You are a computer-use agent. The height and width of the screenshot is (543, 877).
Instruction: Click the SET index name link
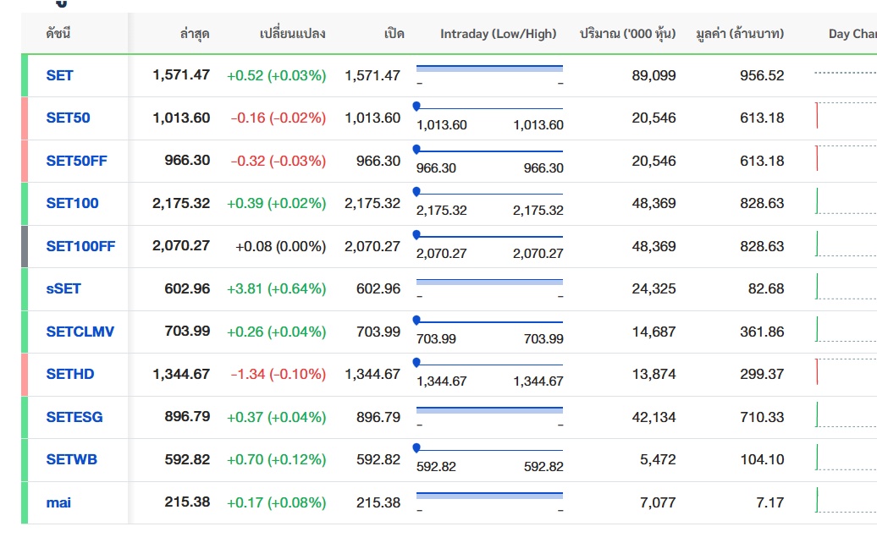(x=59, y=75)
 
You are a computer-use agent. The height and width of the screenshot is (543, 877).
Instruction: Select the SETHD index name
(x=70, y=374)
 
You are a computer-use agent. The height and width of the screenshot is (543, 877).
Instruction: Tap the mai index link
(x=58, y=502)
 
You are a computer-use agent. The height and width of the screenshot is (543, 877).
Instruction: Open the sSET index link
(x=63, y=288)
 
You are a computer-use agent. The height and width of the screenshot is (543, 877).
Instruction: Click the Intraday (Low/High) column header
(x=499, y=34)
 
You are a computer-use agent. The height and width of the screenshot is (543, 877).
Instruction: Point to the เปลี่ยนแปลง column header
(x=293, y=34)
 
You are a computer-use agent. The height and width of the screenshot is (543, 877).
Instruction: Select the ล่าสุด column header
(x=195, y=34)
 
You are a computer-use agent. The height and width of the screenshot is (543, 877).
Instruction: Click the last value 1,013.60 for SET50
(x=181, y=118)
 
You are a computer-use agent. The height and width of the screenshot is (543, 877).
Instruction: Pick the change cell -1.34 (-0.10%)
(x=278, y=374)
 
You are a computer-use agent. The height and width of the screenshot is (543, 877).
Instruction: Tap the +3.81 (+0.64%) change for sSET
(x=276, y=288)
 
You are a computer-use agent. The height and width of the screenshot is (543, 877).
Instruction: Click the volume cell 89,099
(x=654, y=75)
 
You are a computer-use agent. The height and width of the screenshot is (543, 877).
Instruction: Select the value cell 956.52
(x=762, y=75)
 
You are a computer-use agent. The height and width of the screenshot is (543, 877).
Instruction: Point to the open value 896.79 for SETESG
(x=378, y=417)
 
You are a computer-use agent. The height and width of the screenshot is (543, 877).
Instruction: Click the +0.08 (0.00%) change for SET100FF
(x=281, y=246)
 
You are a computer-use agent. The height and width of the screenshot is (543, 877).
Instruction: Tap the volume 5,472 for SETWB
(x=658, y=459)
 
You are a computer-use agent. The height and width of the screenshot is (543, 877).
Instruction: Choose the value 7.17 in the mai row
(x=769, y=502)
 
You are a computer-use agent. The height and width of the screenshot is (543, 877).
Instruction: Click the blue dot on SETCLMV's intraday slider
(x=416, y=320)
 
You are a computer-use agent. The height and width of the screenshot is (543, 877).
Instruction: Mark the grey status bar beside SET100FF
(x=25, y=246)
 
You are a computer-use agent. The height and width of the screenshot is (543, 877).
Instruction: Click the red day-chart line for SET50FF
(x=817, y=158)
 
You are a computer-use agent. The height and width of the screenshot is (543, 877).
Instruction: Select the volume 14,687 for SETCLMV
(x=654, y=332)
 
